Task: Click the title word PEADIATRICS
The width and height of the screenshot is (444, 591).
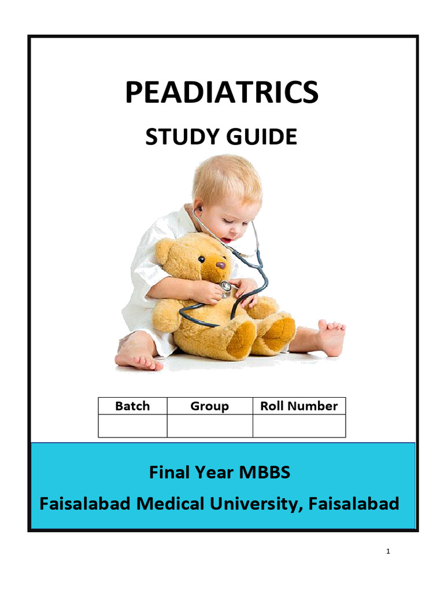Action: click(x=221, y=92)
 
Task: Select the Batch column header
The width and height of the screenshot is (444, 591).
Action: click(x=132, y=406)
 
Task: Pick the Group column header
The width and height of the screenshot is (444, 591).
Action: click(x=209, y=406)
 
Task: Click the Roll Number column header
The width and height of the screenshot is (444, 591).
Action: click(x=299, y=406)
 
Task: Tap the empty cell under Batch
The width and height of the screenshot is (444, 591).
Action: click(x=132, y=426)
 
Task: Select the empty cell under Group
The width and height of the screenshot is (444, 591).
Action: click(x=209, y=426)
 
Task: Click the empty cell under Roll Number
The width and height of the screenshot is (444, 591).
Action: click(x=299, y=426)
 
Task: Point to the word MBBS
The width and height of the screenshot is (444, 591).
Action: click(x=264, y=473)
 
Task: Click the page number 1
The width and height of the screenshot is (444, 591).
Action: click(x=388, y=552)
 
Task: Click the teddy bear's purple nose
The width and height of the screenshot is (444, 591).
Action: click(x=220, y=265)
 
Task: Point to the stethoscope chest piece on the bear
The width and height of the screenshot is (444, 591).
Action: click(x=226, y=286)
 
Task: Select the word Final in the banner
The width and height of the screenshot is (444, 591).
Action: click(x=168, y=473)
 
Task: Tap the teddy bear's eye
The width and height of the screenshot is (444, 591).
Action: click(x=201, y=259)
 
